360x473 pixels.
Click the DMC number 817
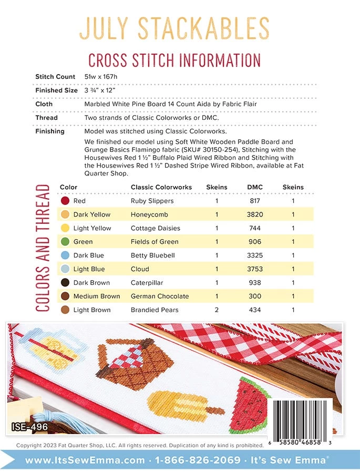[x=255, y=201]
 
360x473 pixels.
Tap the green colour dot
[x=65, y=242]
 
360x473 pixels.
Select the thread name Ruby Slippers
[x=152, y=201]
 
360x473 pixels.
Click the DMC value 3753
[x=255, y=269]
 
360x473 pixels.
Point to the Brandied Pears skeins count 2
[x=217, y=310]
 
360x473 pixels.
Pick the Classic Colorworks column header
[x=161, y=187]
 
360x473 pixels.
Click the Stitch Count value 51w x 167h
[x=108, y=77]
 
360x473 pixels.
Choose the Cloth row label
[x=44, y=104]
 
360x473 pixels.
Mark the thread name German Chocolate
[x=159, y=296]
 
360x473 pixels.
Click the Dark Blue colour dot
[x=65, y=255]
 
